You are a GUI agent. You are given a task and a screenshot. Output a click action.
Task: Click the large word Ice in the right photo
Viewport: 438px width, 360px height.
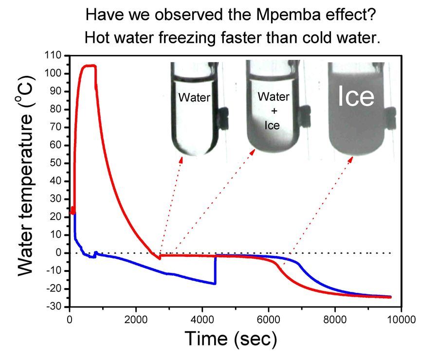coord(356,97)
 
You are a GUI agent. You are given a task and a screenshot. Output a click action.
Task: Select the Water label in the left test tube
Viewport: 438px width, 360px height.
coord(194,97)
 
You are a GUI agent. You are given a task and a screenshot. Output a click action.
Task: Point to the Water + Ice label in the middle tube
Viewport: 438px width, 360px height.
coord(273,111)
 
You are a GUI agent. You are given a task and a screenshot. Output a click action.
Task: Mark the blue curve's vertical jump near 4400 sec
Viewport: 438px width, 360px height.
coord(215,270)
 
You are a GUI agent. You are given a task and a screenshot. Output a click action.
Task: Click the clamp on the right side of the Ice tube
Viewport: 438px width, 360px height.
coord(391,115)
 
